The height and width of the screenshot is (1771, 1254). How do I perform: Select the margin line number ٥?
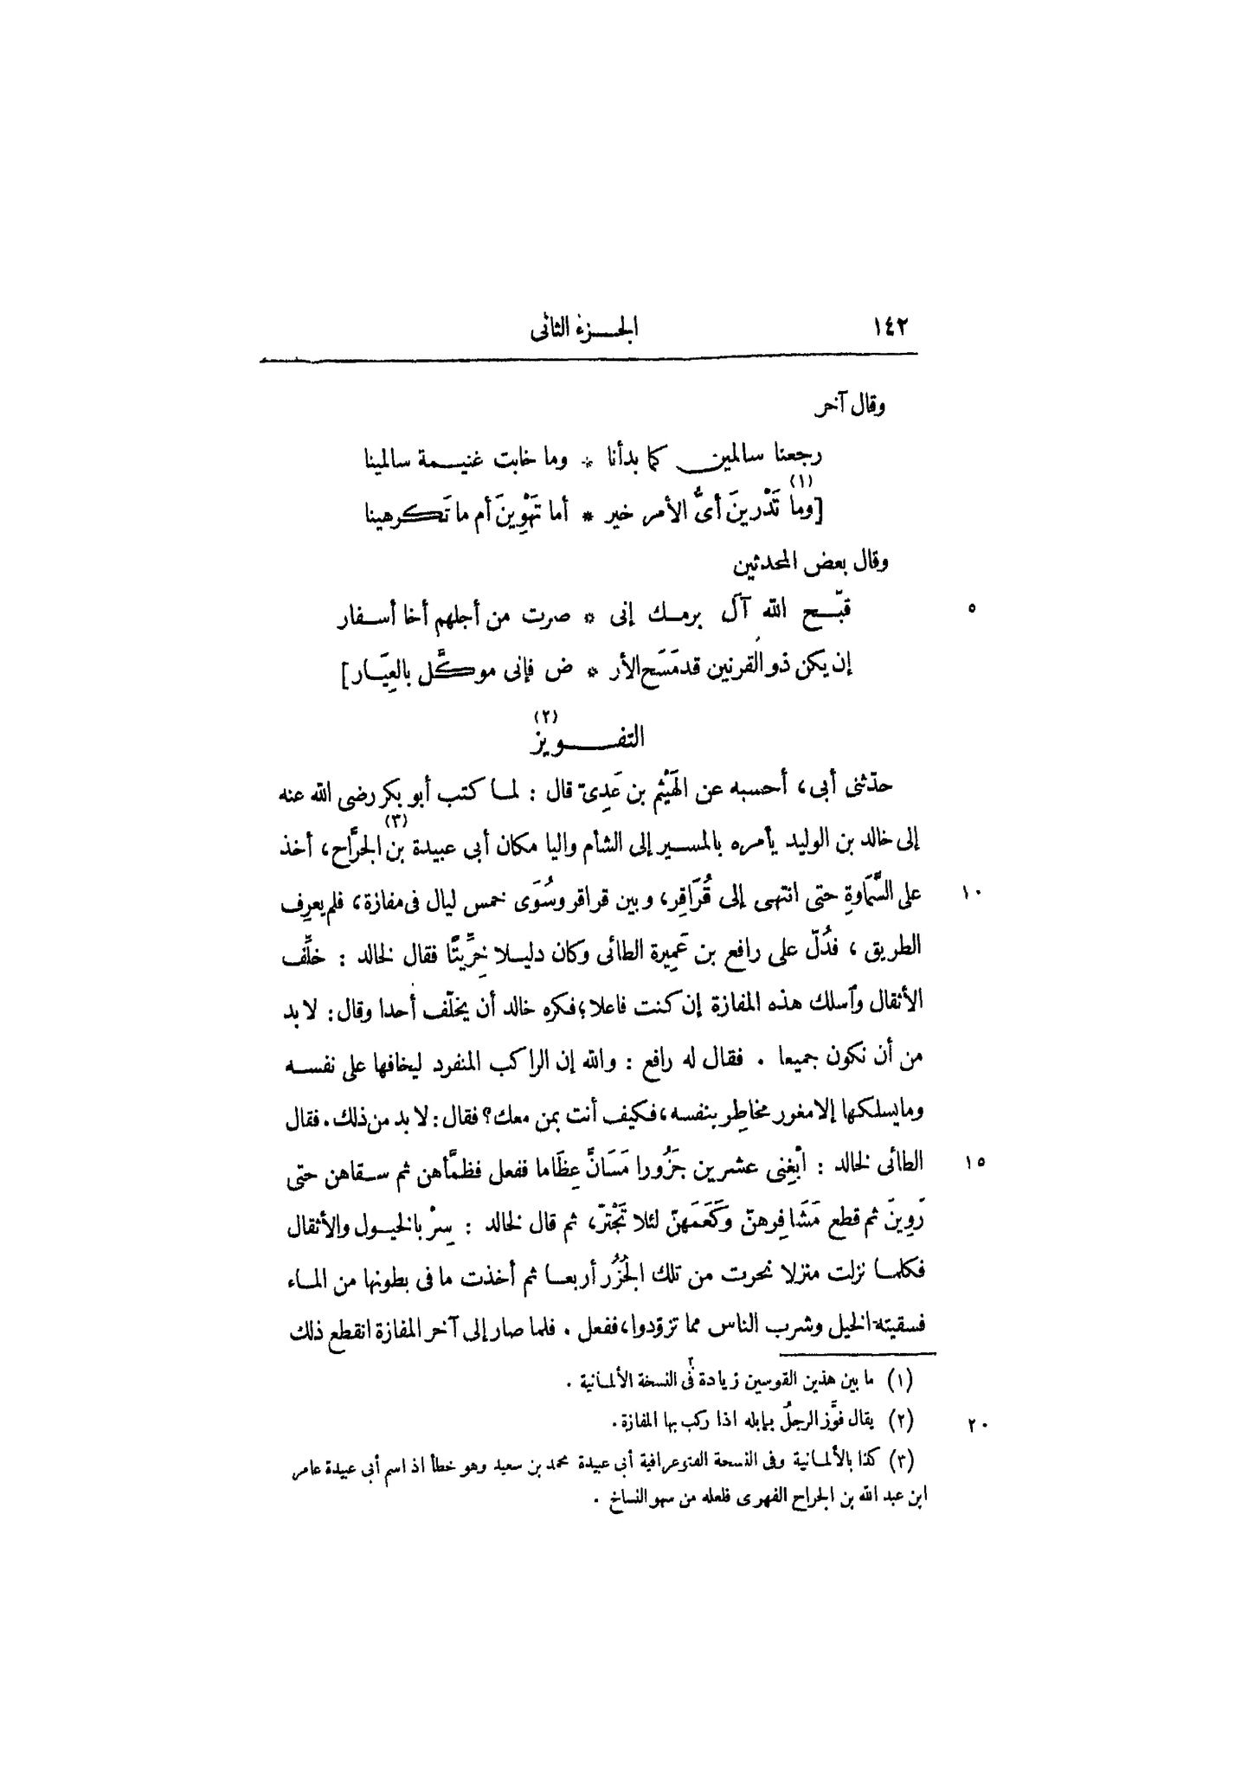coord(972,609)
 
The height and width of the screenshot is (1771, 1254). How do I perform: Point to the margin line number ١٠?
coord(972,893)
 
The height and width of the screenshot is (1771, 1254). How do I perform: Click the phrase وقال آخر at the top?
coord(856,406)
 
